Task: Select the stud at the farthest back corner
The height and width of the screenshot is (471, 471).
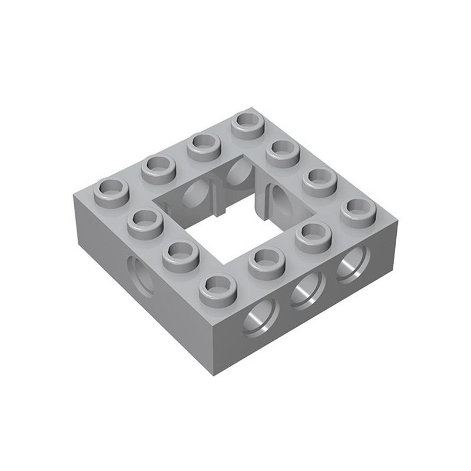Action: (248, 124)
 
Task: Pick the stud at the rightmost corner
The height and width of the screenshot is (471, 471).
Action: (359, 211)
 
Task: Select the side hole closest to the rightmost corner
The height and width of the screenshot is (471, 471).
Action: (353, 264)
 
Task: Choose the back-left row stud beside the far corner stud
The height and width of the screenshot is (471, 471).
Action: (204, 145)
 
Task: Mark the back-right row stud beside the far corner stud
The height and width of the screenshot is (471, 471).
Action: (283, 152)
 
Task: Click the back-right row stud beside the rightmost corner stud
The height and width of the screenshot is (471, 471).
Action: (320, 181)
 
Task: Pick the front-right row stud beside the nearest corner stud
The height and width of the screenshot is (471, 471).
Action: (267, 261)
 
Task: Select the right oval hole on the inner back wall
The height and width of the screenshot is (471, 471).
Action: (238, 171)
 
